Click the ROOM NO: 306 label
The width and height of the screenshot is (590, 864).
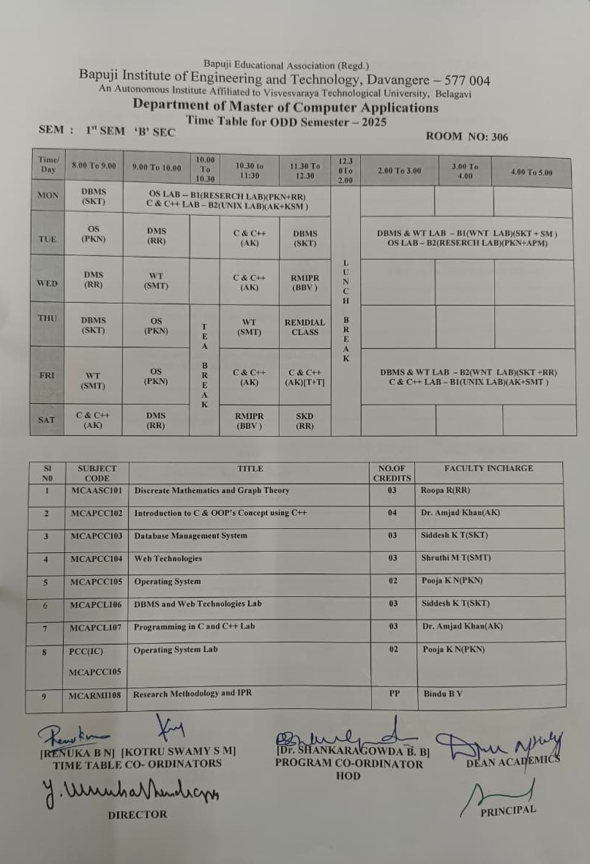coord(466,137)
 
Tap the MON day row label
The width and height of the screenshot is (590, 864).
coord(48,196)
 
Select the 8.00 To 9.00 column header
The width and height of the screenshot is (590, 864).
coord(94,166)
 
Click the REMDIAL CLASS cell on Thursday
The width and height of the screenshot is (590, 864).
coord(305,327)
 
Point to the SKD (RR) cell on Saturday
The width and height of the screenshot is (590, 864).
coord(305,420)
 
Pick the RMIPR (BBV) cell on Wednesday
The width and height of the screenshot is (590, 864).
coord(305,282)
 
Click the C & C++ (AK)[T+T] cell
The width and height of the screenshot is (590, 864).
coord(305,377)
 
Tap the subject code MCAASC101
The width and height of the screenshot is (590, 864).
coord(96,490)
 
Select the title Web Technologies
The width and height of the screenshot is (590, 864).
coord(168,558)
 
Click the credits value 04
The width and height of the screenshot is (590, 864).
coord(392,513)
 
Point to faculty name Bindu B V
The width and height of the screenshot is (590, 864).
coord(443,693)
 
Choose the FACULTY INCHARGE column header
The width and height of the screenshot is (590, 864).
coord(488,468)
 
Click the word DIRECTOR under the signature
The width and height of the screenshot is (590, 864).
coord(138,814)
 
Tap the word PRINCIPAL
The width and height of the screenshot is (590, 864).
coord(508,811)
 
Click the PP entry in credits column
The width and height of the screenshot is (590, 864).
coord(393,693)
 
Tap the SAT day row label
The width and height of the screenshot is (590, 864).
coord(46,420)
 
